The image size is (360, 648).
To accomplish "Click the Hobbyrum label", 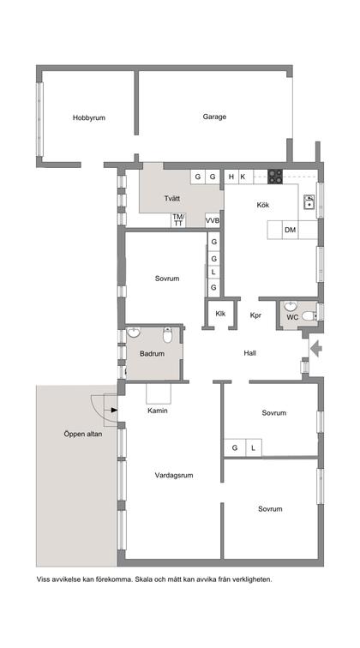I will (x=88, y=117).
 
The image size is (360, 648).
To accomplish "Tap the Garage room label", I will (x=214, y=117).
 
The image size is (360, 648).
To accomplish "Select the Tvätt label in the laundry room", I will (x=172, y=199).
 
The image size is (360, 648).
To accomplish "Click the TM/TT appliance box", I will (x=178, y=219).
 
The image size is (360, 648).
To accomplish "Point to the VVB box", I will (x=213, y=220).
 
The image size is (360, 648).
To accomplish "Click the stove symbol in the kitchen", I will (x=275, y=177).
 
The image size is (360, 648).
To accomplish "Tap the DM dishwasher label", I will (x=291, y=230).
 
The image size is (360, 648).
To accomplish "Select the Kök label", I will (x=263, y=205).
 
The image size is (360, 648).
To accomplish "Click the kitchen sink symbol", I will (x=309, y=203).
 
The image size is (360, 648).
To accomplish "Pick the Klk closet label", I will (x=220, y=314).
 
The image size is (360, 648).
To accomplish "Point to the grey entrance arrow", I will (x=315, y=348).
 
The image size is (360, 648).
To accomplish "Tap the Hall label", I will (x=249, y=352).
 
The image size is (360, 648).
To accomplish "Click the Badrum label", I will (x=151, y=353).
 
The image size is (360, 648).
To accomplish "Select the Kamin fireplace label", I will (x=157, y=411).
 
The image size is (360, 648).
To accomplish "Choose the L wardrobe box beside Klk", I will (x=213, y=273).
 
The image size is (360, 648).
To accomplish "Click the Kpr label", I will (x=255, y=315).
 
